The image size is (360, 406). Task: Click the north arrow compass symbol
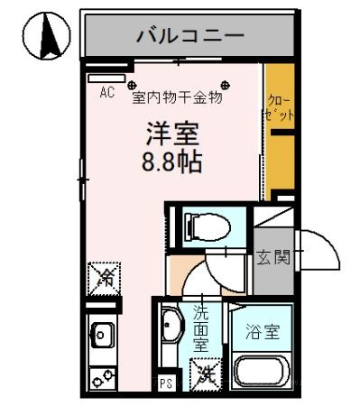pyautogui.click(x=47, y=35)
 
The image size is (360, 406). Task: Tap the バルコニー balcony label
pyautogui.click(x=190, y=36)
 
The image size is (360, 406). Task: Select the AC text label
pyautogui.click(x=107, y=93)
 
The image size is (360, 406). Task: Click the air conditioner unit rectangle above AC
pyautogui.click(x=106, y=78)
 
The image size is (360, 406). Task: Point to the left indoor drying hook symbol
pyautogui.click(x=132, y=86)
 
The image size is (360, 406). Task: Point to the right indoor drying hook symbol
pyautogui.click(x=226, y=86)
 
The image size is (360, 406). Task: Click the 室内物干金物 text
pyautogui.click(x=178, y=97)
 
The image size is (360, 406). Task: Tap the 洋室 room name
pyautogui.click(x=172, y=134)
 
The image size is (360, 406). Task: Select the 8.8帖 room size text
pyautogui.click(x=171, y=161)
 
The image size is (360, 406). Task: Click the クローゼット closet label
pyautogui.click(x=279, y=107)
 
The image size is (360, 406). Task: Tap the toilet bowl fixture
pyautogui.click(x=208, y=226)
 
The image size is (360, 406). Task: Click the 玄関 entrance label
pyautogui.click(x=273, y=257)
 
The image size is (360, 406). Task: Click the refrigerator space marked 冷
pyautogui.click(x=104, y=279)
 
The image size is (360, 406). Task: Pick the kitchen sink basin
pyautogui.click(x=102, y=335)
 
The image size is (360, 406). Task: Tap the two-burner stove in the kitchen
pyautogui.click(x=103, y=378)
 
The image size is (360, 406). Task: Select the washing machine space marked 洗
pyautogui.click(x=206, y=374)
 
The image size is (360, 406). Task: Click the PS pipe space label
pyautogui.click(x=166, y=383)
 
